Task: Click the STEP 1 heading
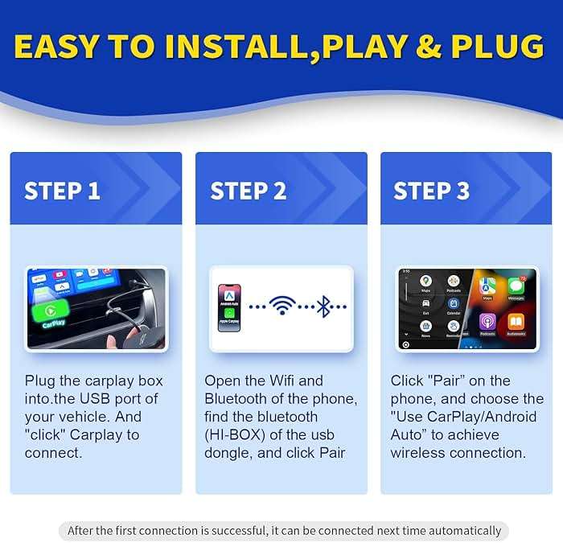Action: point(62,191)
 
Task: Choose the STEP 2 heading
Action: point(249,191)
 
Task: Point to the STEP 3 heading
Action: point(431,191)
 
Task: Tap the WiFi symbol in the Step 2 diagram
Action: point(281,307)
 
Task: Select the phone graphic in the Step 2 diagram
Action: point(228,307)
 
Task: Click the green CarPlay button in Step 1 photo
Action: point(50,313)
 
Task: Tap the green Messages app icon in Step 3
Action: point(516,286)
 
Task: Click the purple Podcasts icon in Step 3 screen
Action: point(487,321)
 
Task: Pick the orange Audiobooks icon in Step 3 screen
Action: point(516,321)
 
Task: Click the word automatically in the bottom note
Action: point(461,530)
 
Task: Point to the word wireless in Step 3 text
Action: point(418,453)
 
